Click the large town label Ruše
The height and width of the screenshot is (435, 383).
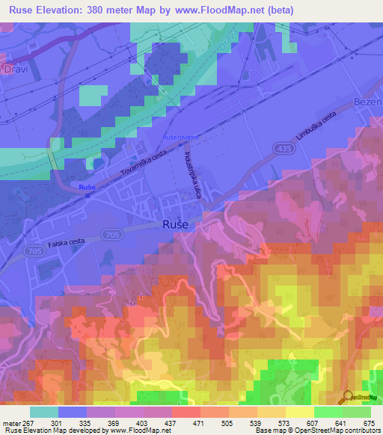pyautogui.click(x=176, y=224)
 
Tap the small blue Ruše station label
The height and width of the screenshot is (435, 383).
pyautogui.click(x=88, y=186)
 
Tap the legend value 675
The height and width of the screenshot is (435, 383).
pyautogui.click(x=367, y=422)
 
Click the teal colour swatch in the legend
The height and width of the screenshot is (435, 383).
pyautogui.click(x=44, y=411)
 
